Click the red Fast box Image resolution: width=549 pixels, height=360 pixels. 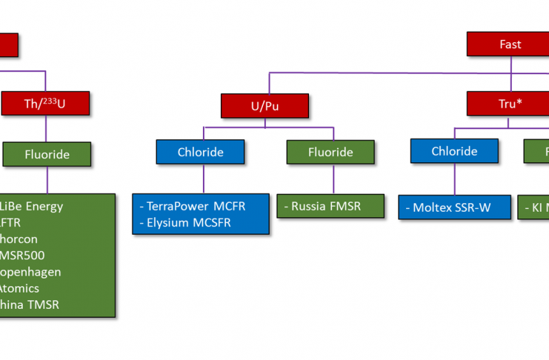(510, 44)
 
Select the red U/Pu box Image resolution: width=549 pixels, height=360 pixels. (264, 106)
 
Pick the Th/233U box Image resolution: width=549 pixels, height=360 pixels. (45, 104)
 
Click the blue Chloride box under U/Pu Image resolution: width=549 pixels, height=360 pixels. (200, 152)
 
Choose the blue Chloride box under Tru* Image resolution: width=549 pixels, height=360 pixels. (454, 151)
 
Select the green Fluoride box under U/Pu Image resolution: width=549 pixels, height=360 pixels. (330, 152)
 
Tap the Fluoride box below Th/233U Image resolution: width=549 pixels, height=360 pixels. (47, 154)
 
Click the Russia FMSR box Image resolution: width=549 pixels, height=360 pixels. (330, 206)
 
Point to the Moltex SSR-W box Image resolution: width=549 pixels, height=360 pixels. (454, 207)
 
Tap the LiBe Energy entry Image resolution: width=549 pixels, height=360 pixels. (33, 206)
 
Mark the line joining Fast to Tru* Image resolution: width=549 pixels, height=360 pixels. (510, 74)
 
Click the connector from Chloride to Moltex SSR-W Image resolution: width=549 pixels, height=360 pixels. (454, 179)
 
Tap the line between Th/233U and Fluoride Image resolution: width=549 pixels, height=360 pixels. (46, 129)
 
